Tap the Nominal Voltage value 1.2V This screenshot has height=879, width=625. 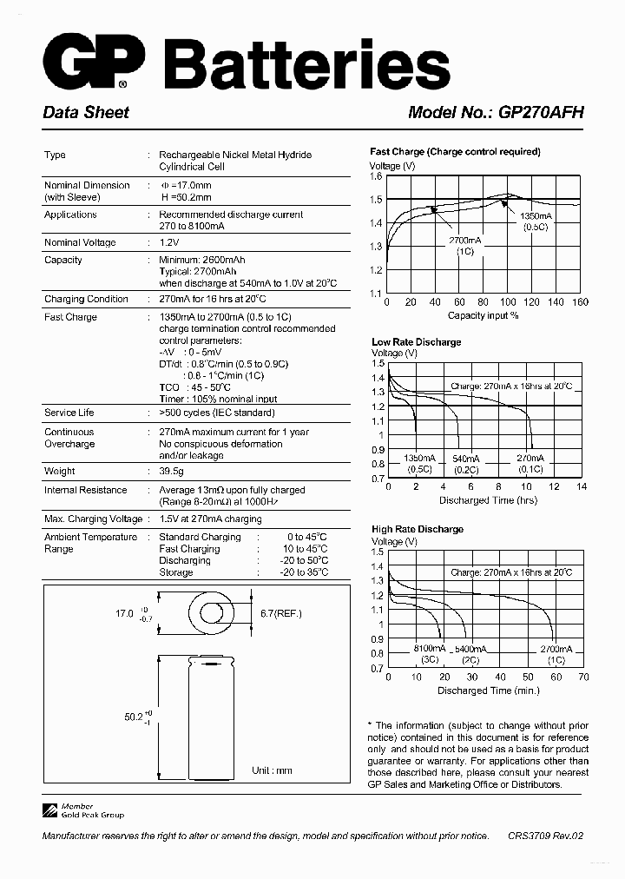point(168,242)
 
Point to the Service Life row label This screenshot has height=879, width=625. point(69,413)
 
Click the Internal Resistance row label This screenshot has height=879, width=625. point(85,490)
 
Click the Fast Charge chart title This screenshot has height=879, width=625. point(455,151)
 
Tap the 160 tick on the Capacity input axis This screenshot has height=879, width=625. point(580,302)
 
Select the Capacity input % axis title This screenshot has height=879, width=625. point(483,315)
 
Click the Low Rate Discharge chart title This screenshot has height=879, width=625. point(416,342)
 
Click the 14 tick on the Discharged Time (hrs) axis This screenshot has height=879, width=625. point(582,487)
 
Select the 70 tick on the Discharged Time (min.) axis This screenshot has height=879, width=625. point(582,677)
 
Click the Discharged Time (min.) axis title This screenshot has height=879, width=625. point(488,691)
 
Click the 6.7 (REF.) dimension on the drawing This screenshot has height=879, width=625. point(281,613)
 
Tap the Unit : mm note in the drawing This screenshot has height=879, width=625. point(272,770)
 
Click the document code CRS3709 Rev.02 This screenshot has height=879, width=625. point(545,836)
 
